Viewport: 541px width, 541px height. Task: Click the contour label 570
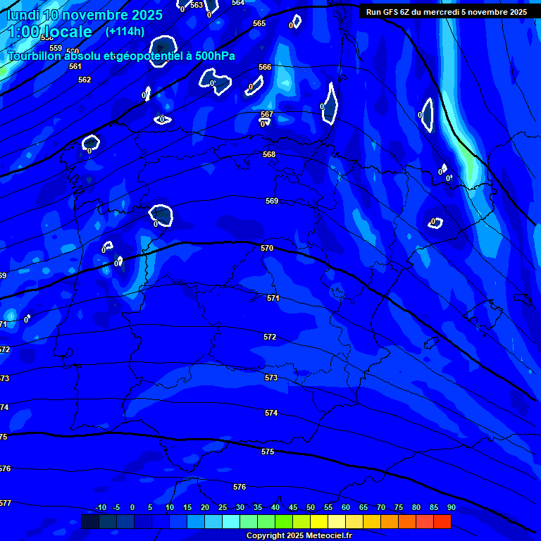click(267, 248)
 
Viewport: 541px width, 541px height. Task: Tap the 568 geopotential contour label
click(269, 154)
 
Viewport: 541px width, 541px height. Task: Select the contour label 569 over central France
click(272, 201)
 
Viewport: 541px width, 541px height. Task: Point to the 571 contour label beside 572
click(273, 298)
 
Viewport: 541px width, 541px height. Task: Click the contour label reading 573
click(271, 378)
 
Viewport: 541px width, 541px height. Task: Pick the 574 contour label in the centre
click(271, 413)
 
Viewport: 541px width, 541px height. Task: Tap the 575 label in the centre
click(268, 452)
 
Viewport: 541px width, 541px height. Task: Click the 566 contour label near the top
click(265, 67)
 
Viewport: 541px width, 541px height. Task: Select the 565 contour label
click(259, 23)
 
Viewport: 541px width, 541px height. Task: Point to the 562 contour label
click(85, 80)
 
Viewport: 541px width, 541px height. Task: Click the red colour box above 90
click(442, 521)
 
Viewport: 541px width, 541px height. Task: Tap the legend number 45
click(293, 507)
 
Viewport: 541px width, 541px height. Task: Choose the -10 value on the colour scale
click(101, 507)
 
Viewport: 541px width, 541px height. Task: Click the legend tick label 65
click(363, 507)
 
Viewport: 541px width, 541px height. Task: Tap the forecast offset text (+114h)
click(125, 31)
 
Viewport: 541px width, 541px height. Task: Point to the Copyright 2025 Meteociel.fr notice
click(299, 535)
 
